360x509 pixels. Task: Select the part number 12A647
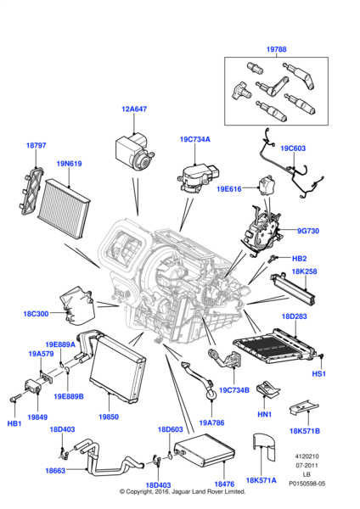pyautogui.click(x=133, y=109)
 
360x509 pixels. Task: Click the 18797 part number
pyautogui.click(x=36, y=146)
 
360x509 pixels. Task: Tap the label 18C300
pyautogui.click(x=37, y=313)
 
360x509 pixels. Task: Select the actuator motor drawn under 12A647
pyautogui.click(x=134, y=152)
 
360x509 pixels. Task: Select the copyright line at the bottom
pyautogui.click(x=179, y=491)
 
